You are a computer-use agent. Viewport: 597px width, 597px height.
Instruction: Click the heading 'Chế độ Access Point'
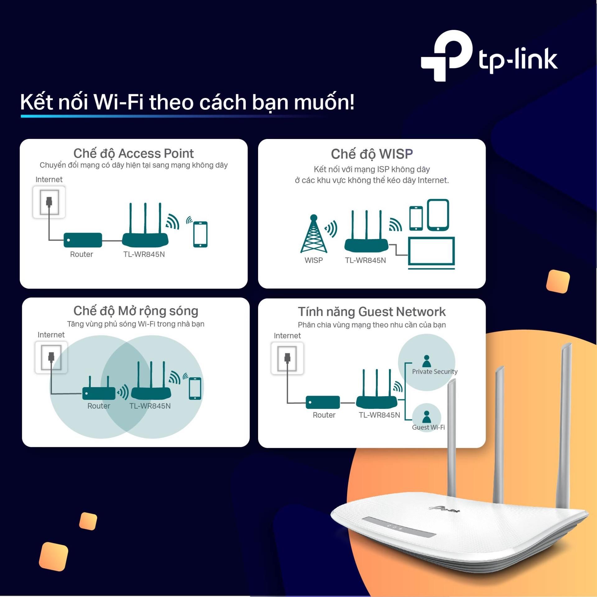(x=133, y=154)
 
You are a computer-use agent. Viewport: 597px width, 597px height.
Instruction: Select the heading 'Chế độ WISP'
(x=372, y=154)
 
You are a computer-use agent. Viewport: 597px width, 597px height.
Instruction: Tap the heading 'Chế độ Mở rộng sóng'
(x=136, y=311)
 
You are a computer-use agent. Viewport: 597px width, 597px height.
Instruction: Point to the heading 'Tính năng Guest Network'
(x=372, y=312)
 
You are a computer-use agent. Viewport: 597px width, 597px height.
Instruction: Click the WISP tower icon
(x=314, y=234)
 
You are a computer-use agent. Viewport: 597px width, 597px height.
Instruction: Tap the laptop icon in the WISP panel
(x=431, y=253)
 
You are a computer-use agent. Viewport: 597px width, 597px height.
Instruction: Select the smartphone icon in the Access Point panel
(x=200, y=234)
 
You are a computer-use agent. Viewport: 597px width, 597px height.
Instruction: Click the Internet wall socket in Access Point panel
(x=49, y=202)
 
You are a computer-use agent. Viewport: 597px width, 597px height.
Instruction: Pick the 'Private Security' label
(x=435, y=372)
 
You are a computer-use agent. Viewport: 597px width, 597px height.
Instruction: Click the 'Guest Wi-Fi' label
(x=428, y=427)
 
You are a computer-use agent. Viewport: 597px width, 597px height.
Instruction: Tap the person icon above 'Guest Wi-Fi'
(x=427, y=417)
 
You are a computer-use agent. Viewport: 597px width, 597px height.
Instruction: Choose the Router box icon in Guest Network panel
(x=323, y=402)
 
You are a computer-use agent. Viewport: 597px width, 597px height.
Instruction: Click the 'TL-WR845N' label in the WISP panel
(x=365, y=260)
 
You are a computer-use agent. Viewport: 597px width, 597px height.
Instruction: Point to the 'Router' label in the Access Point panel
(x=81, y=254)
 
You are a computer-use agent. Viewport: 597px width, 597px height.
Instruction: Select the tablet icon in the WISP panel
(x=438, y=215)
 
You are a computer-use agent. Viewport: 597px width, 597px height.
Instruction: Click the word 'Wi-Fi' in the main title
(x=118, y=102)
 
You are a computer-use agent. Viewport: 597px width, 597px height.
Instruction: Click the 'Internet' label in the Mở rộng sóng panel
(x=51, y=335)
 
